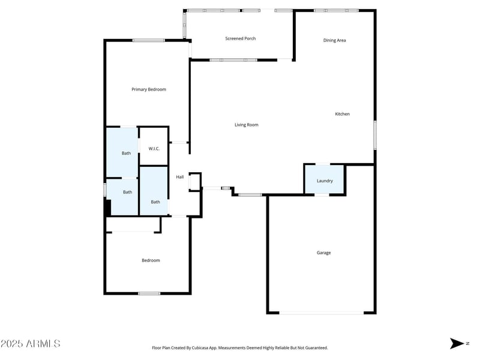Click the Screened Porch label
(241, 38)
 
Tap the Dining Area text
(335, 40)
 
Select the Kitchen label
(342, 114)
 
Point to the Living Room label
(246, 125)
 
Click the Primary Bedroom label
(149, 89)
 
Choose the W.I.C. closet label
(154, 148)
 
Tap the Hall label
(180, 177)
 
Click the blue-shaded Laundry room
(325, 180)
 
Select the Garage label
(323, 253)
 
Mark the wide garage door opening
(322, 313)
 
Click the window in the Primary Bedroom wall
(148, 40)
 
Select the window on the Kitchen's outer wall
(375, 135)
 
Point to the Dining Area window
(336, 11)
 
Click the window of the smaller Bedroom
(149, 293)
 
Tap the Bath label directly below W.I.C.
(155, 202)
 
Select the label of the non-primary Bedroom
(151, 260)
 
